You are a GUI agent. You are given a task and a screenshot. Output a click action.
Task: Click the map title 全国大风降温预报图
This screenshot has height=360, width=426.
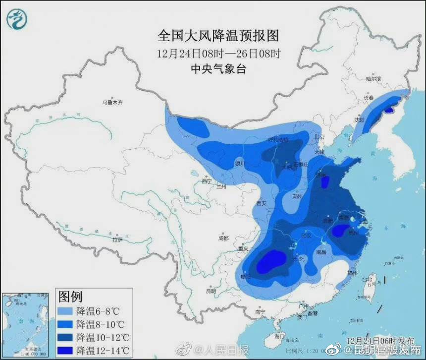[x=218, y=36]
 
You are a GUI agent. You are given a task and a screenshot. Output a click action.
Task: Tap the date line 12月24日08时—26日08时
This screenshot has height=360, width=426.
[x=218, y=53]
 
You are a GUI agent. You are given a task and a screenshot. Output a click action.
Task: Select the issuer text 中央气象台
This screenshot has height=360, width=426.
[x=218, y=69]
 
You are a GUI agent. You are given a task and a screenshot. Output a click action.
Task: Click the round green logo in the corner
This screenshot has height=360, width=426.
[x=17, y=19]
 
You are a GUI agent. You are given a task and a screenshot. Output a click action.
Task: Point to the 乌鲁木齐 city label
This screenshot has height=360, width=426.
[x=112, y=103]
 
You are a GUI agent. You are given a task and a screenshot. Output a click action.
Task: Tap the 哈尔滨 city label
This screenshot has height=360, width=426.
[x=373, y=79]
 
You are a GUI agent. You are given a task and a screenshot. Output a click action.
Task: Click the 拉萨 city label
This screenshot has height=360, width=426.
[x=117, y=240]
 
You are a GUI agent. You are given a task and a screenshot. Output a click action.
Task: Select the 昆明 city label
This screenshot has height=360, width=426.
[x=211, y=291]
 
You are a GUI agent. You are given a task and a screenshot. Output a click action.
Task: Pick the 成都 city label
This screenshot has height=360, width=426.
[x=223, y=238]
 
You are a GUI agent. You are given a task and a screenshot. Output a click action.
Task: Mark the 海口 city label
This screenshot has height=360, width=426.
[x=280, y=337]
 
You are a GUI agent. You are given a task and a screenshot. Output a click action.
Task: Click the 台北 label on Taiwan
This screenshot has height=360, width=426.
[x=369, y=279]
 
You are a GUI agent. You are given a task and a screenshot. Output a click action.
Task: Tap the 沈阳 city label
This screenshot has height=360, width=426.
[x=359, y=120]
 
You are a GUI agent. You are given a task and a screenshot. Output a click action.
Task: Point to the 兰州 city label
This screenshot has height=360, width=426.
[x=221, y=187]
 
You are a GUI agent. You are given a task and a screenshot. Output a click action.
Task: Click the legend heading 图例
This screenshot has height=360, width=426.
[x=70, y=297]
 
